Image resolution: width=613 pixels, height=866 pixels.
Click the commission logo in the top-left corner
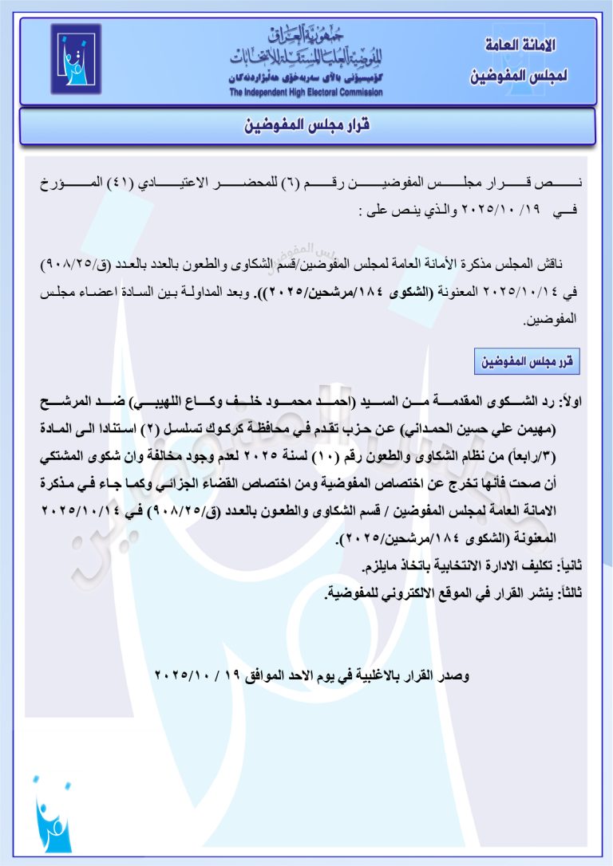click(x=76, y=58)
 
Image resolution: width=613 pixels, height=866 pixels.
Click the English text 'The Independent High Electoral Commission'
click(x=306, y=93)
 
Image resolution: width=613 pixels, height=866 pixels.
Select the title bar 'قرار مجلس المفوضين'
click(x=307, y=126)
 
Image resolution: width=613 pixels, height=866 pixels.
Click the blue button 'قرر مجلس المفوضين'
click(x=525, y=362)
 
